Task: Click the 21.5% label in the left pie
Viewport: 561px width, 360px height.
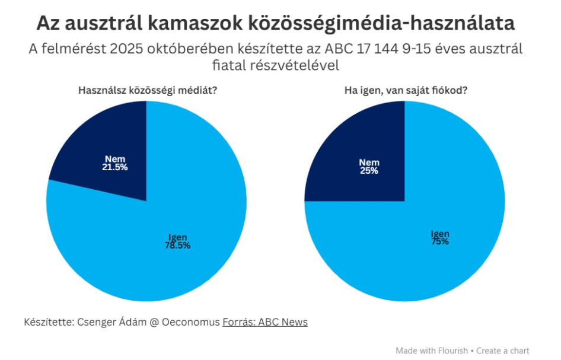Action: tap(115, 168)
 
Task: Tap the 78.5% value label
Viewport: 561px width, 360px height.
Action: tap(177, 246)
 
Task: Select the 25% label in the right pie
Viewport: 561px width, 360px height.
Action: tap(369, 171)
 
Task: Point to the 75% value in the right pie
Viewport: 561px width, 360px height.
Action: tap(439, 242)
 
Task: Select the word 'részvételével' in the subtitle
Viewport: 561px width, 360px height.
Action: tap(298, 65)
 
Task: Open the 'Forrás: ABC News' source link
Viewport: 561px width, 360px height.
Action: tap(265, 322)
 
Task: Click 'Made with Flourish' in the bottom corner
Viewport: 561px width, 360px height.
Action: tap(432, 351)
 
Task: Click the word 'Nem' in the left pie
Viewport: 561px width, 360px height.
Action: tap(115, 159)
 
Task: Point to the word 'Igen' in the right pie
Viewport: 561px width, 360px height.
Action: tap(439, 234)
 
